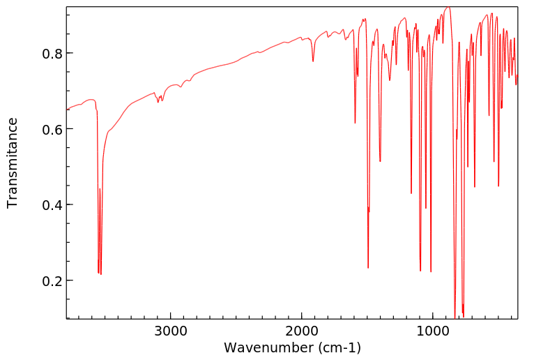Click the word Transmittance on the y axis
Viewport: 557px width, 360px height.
click(x=13, y=163)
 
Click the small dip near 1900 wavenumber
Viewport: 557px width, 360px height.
click(x=313, y=61)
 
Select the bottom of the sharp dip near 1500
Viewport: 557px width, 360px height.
click(x=368, y=267)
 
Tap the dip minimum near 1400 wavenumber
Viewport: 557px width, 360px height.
click(x=380, y=162)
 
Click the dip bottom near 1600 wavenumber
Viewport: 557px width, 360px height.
click(x=356, y=123)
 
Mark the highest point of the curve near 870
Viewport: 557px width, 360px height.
click(x=448, y=8)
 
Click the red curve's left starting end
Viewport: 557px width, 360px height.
click(x=67, y=110)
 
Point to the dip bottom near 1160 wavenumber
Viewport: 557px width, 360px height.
click(x=411, y=193)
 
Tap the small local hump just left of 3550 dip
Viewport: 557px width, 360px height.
click(x=91, y=100)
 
